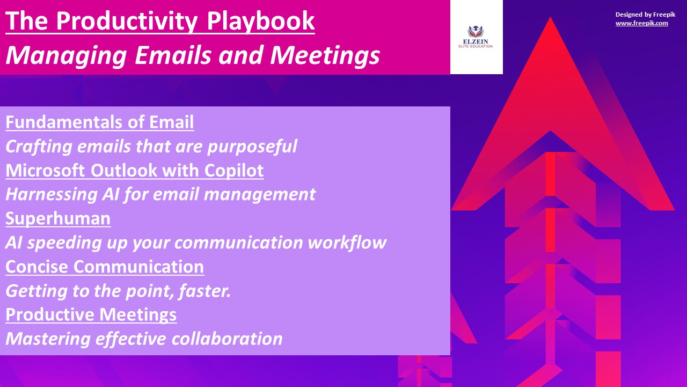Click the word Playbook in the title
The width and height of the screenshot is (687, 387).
[x=261, y=21]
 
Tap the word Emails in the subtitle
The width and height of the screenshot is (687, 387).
[x=173, y=55]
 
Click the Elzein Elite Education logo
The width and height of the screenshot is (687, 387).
[x=476, y=37]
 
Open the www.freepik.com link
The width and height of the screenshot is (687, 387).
[x=641, y=23]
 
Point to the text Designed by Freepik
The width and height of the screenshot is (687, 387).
[x=645, y=15]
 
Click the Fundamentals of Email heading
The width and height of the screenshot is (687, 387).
[x=100, y=122]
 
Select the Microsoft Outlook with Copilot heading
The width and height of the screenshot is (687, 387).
[x=135, y=170]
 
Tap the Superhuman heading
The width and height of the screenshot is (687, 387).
[x=58, y=219]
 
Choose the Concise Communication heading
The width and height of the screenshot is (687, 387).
[x=105, y=267]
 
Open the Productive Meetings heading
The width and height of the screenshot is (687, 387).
[x=91, y=315]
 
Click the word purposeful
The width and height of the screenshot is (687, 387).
[x=252, y=147]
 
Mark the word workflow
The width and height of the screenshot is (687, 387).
[x=347, y=242]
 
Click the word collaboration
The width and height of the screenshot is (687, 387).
[x=227, y=339]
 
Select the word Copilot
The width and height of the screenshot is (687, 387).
[x=234, y=170]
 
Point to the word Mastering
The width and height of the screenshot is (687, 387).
[x=48, y=339]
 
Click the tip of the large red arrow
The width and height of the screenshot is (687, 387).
[x=550, y=18]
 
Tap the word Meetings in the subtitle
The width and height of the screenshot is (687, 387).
[x=325, y=55]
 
